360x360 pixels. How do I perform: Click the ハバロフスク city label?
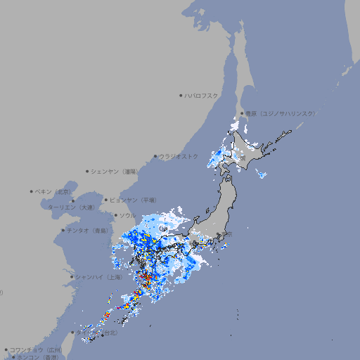tap(202, 96)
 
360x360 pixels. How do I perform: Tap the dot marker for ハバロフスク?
tap(181, 96)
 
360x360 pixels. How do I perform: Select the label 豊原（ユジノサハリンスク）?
tap(280, 113)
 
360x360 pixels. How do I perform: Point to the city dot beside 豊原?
tap(242, 113)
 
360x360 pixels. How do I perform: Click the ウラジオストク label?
tap(179, 156)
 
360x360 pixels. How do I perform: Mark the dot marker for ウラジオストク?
tap(155, 157)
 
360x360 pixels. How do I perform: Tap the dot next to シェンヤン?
tap(88, 171)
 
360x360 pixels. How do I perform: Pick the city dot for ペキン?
tap(32, 191)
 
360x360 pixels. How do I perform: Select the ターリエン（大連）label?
tap(70, 207)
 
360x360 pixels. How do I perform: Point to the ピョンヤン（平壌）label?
tap(137, 200)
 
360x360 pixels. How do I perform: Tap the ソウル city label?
tap(127, 215)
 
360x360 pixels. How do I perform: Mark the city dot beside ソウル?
tap(115, 215)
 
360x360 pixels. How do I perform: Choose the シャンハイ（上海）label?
tap(98, 277)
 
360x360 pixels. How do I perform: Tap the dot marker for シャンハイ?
tap(72, 277)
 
